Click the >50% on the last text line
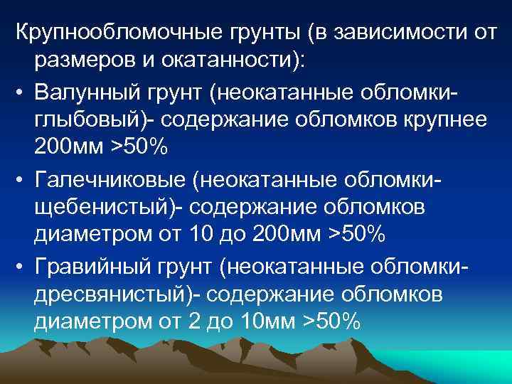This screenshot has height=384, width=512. tap(332, 321)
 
